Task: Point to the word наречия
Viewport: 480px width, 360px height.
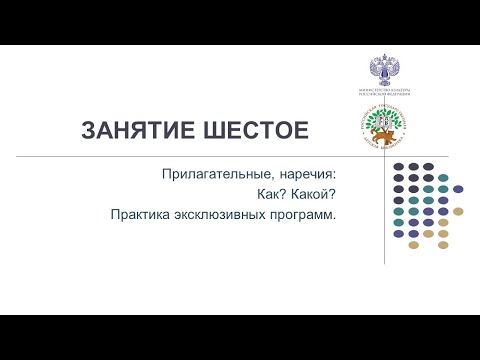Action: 299,174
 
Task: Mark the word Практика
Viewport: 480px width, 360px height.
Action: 142,214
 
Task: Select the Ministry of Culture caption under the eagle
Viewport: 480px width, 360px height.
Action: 385,92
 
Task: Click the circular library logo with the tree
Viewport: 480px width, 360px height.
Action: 385,126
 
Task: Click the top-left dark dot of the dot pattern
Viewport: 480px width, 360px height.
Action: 399,166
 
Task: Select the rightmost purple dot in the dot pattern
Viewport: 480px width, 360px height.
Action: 458,189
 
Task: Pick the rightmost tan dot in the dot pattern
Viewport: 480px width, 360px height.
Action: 458,211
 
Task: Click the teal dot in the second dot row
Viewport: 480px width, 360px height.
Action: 443,178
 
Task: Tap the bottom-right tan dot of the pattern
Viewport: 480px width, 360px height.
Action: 443,244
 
